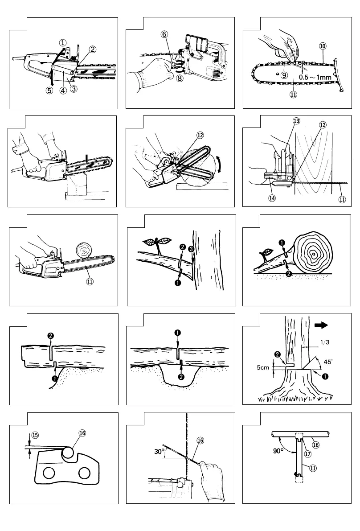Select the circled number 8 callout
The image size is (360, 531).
[180, 78]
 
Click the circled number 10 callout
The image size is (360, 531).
[323, 45]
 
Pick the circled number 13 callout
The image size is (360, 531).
[296, 121]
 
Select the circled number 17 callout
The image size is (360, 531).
[307, 454]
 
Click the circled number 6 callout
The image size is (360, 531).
[164, 33]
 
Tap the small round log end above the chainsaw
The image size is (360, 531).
[84, 249]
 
